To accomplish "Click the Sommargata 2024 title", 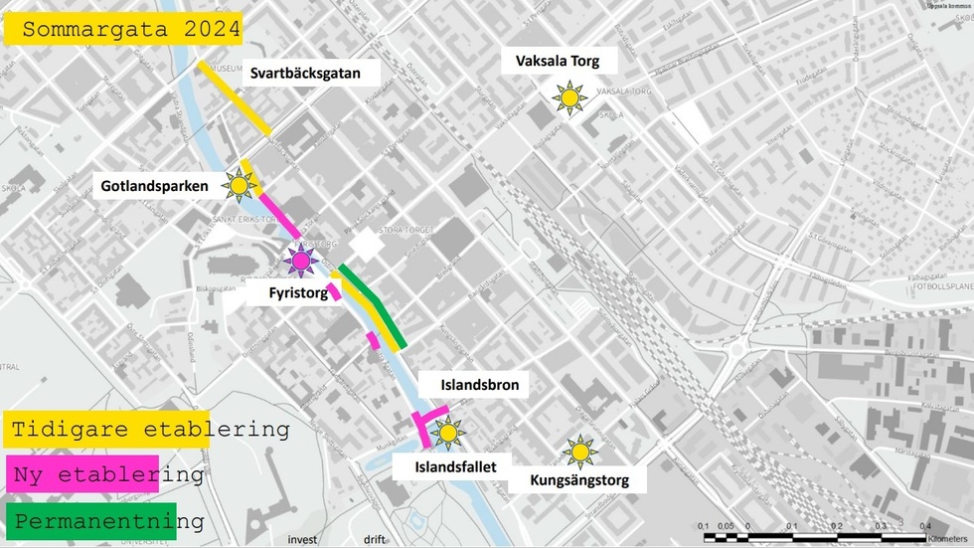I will tap(123, 30).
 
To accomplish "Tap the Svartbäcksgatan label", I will tap(304, 73).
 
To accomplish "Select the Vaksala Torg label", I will tap(557, 62).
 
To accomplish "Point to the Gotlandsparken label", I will tap(154, 185).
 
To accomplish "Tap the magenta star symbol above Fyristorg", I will tap(299, 261).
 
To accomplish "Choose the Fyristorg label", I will tap(298, 293).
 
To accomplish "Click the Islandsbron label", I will tap(480, 385).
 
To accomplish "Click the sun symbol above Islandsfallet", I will tap(447, 433).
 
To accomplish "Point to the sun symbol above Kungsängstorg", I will tap(579, 453).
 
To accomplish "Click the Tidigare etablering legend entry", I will tap(149, 431).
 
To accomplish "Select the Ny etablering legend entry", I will tap(107, 475).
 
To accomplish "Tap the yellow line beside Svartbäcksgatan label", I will tap(235, 97).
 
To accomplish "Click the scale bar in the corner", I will tap(815, 537).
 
